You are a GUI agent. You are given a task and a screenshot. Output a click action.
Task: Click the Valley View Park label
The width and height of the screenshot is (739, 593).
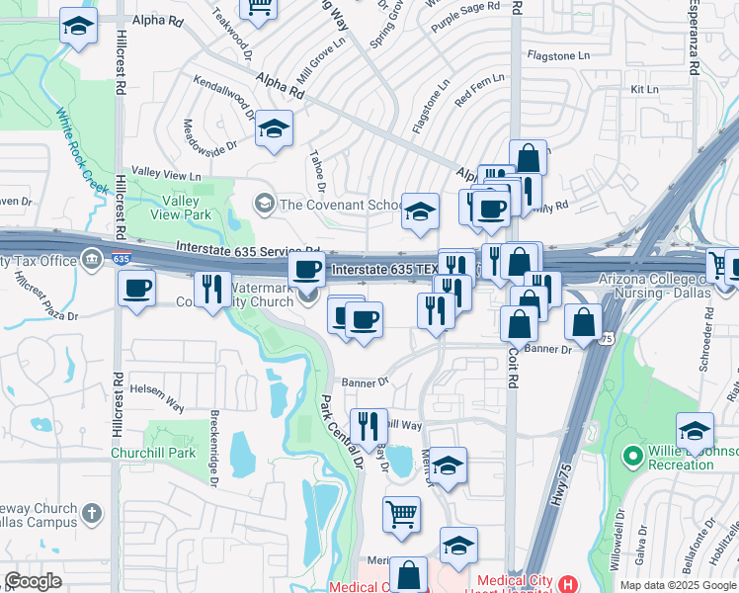(x=188, y=207)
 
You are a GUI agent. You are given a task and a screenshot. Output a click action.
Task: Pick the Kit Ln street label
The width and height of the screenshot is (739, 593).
(x=643, y=90)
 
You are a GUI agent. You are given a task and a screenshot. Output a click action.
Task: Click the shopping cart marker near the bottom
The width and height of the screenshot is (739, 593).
(x=402, y=513)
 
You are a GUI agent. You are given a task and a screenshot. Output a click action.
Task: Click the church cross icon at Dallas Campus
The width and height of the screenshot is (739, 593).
(x=92, y=514)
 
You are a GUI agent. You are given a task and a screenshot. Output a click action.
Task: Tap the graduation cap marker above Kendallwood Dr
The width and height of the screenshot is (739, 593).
(x=274, y=127)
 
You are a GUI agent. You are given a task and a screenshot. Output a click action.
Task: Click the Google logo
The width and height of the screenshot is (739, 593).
(x=33, y=581)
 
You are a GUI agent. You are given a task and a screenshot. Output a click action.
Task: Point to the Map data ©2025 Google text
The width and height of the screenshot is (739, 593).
(x=678, y=585)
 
